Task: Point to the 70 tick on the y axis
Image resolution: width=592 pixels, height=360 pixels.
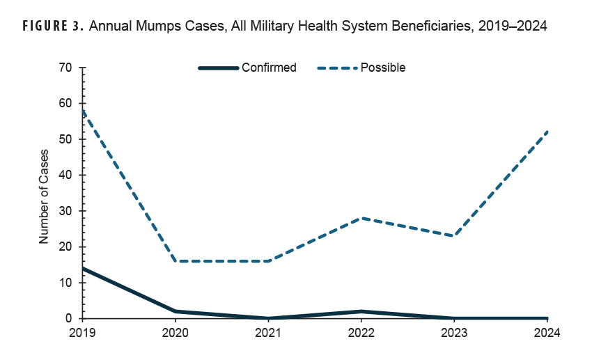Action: (x=66, y=68)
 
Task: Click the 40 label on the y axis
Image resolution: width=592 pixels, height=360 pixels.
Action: (x=66, y=175)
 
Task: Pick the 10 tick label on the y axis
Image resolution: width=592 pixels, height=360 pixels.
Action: (x=66, y=283)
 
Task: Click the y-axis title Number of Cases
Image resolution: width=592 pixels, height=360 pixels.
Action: (x=44, y=196)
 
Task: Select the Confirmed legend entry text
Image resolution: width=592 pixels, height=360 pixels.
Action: (x=269, y=68)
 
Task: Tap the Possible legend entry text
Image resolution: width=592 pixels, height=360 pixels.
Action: (x=383, y=68)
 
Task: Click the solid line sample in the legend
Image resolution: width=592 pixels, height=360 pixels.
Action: (x=218, y=68)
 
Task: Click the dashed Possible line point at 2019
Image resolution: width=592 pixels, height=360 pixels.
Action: (x=84, y=111)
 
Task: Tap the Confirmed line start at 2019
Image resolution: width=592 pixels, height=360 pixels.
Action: (x=84, y=268)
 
